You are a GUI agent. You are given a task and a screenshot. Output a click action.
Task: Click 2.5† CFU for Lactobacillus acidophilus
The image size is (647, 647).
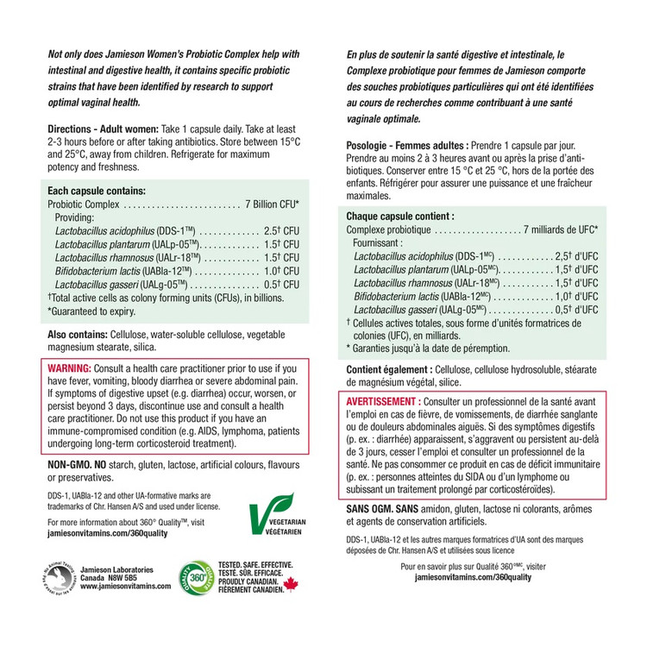point(280,232)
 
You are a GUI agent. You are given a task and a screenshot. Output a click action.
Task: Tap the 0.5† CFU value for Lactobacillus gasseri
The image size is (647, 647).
point(280,284)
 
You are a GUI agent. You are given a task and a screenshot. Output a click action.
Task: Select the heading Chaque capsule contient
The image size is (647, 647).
point(398,216)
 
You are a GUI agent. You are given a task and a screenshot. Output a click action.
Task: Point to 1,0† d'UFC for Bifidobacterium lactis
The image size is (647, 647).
point(576,296)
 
